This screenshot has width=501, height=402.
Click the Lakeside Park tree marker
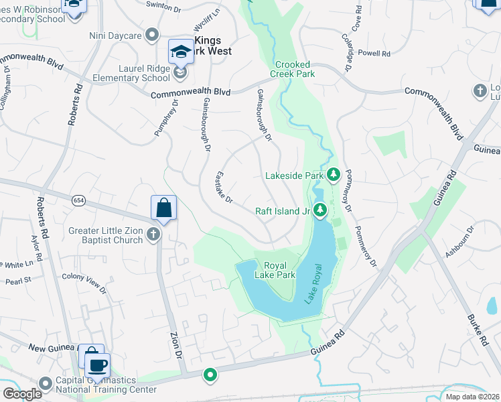334,176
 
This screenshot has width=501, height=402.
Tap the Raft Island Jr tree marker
320,211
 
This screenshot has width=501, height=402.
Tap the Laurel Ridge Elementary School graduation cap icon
181,52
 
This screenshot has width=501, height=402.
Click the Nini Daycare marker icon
153,33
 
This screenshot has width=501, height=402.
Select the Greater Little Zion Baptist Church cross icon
153,234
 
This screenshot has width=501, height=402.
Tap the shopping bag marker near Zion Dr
163,209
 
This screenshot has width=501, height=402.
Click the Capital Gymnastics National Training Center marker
46,384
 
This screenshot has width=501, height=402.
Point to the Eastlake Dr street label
223,187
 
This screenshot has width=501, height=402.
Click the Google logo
22,394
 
